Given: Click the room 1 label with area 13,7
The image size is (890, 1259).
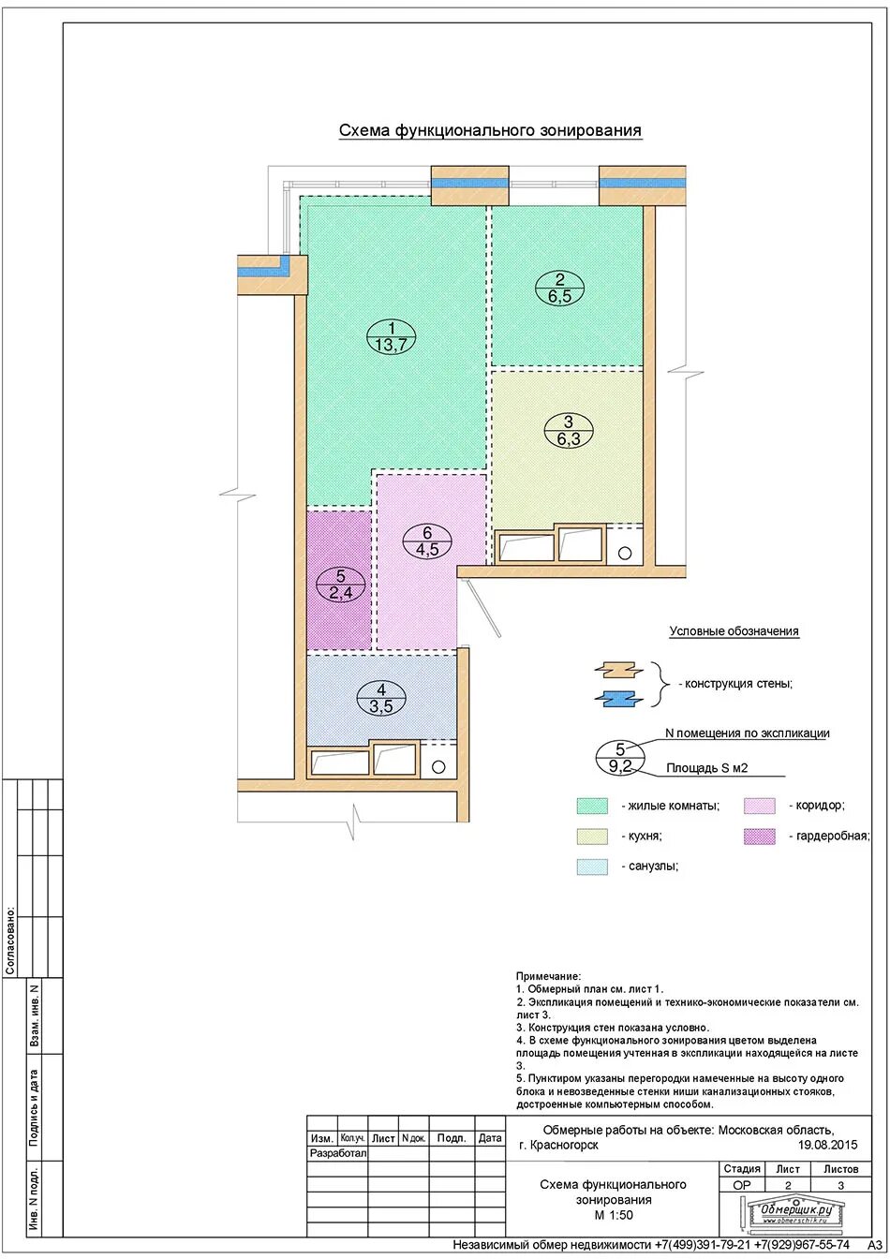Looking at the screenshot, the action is [x=392, y=336].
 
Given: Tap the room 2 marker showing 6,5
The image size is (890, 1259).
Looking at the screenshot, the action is [x=559, y=289].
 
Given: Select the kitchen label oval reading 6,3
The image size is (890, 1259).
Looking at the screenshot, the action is [x=569, y=431].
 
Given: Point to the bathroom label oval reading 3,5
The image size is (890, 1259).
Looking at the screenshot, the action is [x=381, y=698].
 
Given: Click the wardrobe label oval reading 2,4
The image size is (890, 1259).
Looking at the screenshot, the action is [x=340, y=585].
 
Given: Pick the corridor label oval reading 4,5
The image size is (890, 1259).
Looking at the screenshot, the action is [x=427, y=541].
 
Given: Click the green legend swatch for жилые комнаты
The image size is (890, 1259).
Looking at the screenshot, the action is [x=592, y=806].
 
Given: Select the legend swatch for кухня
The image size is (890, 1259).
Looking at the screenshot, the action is [x=592, y=836].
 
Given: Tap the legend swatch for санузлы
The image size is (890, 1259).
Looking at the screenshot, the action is [x=592, y=866].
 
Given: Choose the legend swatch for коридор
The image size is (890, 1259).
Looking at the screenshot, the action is [x=760, y=806].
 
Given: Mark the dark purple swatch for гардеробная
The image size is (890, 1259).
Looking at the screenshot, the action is [x=760, y=836].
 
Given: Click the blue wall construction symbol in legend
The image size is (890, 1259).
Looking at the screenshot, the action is [x=619, y=699].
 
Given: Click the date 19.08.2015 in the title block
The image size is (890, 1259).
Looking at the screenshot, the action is [x=827, y=1145].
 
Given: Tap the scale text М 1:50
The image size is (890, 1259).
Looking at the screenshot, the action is [x=613, y=1215].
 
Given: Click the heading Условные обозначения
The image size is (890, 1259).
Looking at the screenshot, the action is [x=734, y=631].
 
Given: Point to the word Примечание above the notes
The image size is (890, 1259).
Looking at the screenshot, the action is [x=548, y=976].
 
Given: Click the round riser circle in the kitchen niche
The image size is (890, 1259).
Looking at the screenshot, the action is [x=625, y=553].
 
